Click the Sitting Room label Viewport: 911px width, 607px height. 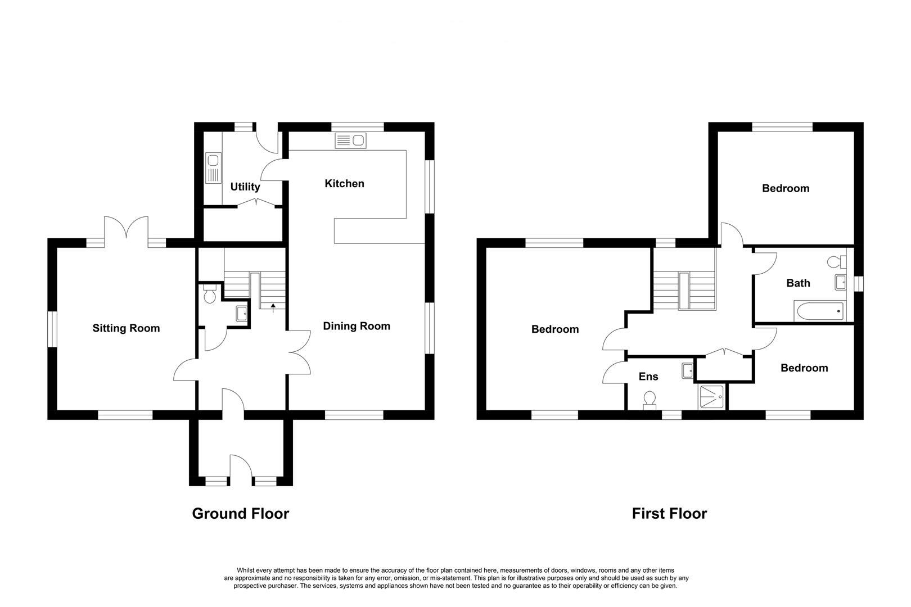coord(126,328)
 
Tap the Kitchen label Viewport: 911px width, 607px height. coord(345,183)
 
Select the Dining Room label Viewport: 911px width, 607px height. coord(357,326)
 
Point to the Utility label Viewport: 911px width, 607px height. coord(245,187)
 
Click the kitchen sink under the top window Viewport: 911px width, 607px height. coord(350,141)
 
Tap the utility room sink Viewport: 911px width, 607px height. coord(214,167)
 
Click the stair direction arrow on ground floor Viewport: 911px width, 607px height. coord(273,308)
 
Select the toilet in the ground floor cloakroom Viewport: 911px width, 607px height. coord(209,294)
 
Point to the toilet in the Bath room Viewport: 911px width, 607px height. coord(837,262)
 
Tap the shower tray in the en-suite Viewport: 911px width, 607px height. coord(711,397)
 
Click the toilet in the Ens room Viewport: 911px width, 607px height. coord(650,401)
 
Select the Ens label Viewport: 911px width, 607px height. coord(648,377)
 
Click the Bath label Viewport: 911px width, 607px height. coord(798,283)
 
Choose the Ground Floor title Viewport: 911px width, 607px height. coord(240,514)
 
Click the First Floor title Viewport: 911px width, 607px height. coord(669,514)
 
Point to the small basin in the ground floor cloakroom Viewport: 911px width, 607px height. coord(242,314)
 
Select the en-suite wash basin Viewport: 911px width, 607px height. coord(687,371)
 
